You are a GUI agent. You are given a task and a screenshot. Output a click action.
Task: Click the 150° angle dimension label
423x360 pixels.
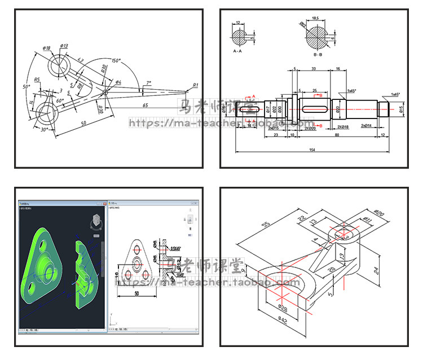pos(116,60)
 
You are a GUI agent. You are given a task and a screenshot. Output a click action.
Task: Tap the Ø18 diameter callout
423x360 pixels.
pos(46,49)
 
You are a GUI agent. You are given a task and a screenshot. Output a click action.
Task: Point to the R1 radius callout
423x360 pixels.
pos(195,85)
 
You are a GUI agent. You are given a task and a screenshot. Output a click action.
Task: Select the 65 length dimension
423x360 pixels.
pos(145,105)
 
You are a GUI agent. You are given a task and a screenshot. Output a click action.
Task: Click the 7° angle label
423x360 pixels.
pos(148,82)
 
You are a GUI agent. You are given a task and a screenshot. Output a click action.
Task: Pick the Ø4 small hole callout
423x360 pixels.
pos(118,82)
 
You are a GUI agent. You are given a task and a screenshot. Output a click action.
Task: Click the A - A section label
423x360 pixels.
pos(241,50)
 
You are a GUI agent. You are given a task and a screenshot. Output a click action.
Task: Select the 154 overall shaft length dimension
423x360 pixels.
pos(312,149)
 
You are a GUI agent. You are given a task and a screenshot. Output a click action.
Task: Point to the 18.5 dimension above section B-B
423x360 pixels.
pos(315,18)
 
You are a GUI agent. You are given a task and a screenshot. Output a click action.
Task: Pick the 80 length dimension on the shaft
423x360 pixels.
pos(337,135)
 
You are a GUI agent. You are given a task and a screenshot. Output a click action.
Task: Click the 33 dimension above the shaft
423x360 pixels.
pos(313,68)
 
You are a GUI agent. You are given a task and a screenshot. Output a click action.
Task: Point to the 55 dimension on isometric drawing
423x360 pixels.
pos(265,225)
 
